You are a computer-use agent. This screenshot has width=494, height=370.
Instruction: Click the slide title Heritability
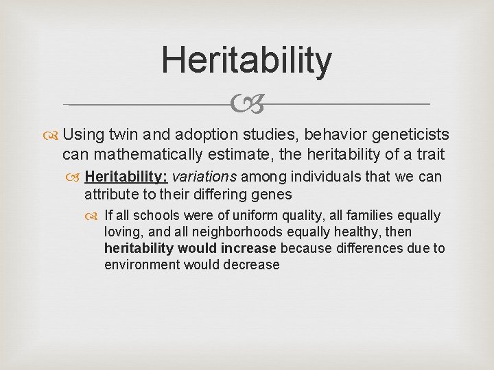pyautogui.click(x=246, y=60)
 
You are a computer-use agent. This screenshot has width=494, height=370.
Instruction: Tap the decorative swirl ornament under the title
pyautogui.click(x=246, y=105)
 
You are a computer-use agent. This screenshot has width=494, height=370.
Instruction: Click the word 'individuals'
pyautogui.click(x=326, y=177)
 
